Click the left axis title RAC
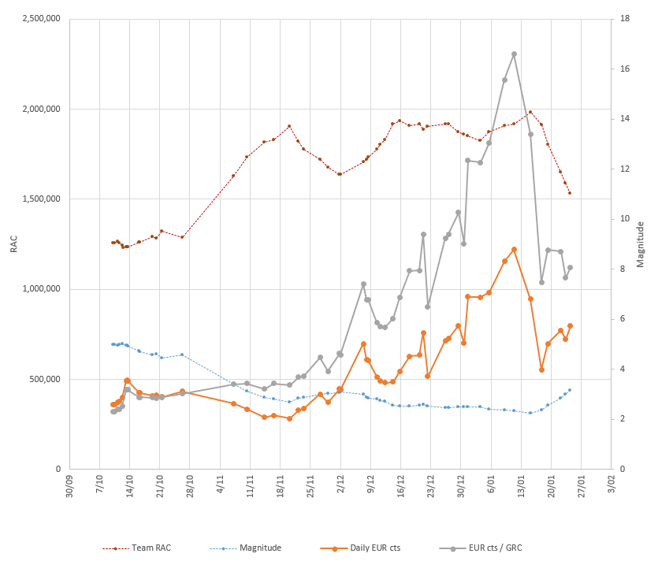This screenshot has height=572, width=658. [x=13, y=244]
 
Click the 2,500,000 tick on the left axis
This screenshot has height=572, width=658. [x=40, y=20]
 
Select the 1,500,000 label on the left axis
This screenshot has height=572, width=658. [x=40, y=199]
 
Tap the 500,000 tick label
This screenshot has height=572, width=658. [x=45, y=379]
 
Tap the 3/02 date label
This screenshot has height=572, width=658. [x=608, y=482]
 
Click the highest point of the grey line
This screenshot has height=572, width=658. [x=514, y=54]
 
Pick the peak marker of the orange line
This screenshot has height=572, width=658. [x=514, y=249]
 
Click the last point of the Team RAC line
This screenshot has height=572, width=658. [x=570, y=193]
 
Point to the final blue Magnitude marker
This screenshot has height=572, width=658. [x=570, y=390]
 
